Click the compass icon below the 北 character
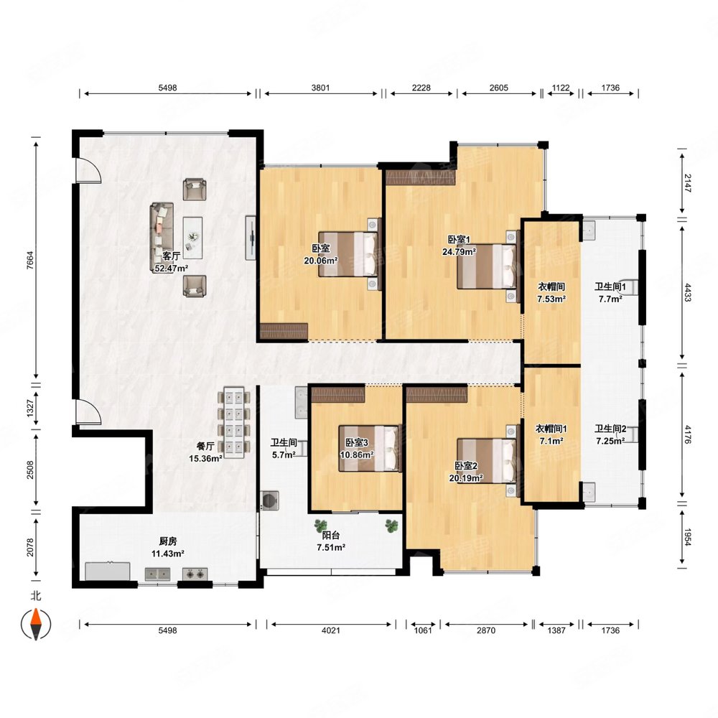36,624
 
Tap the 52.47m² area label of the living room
172,269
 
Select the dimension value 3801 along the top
320,88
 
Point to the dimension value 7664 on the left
30,260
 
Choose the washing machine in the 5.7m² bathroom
269,500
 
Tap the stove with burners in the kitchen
195,574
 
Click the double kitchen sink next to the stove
157,574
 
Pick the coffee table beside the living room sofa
192,238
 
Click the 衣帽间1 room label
551,429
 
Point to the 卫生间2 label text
610,429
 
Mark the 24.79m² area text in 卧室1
459,251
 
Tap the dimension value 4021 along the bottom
330,630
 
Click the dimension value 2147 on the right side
688,182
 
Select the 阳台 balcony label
330,535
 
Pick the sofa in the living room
162,238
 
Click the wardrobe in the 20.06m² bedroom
284,330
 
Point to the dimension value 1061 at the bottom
423,630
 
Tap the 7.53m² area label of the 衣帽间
551,299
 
